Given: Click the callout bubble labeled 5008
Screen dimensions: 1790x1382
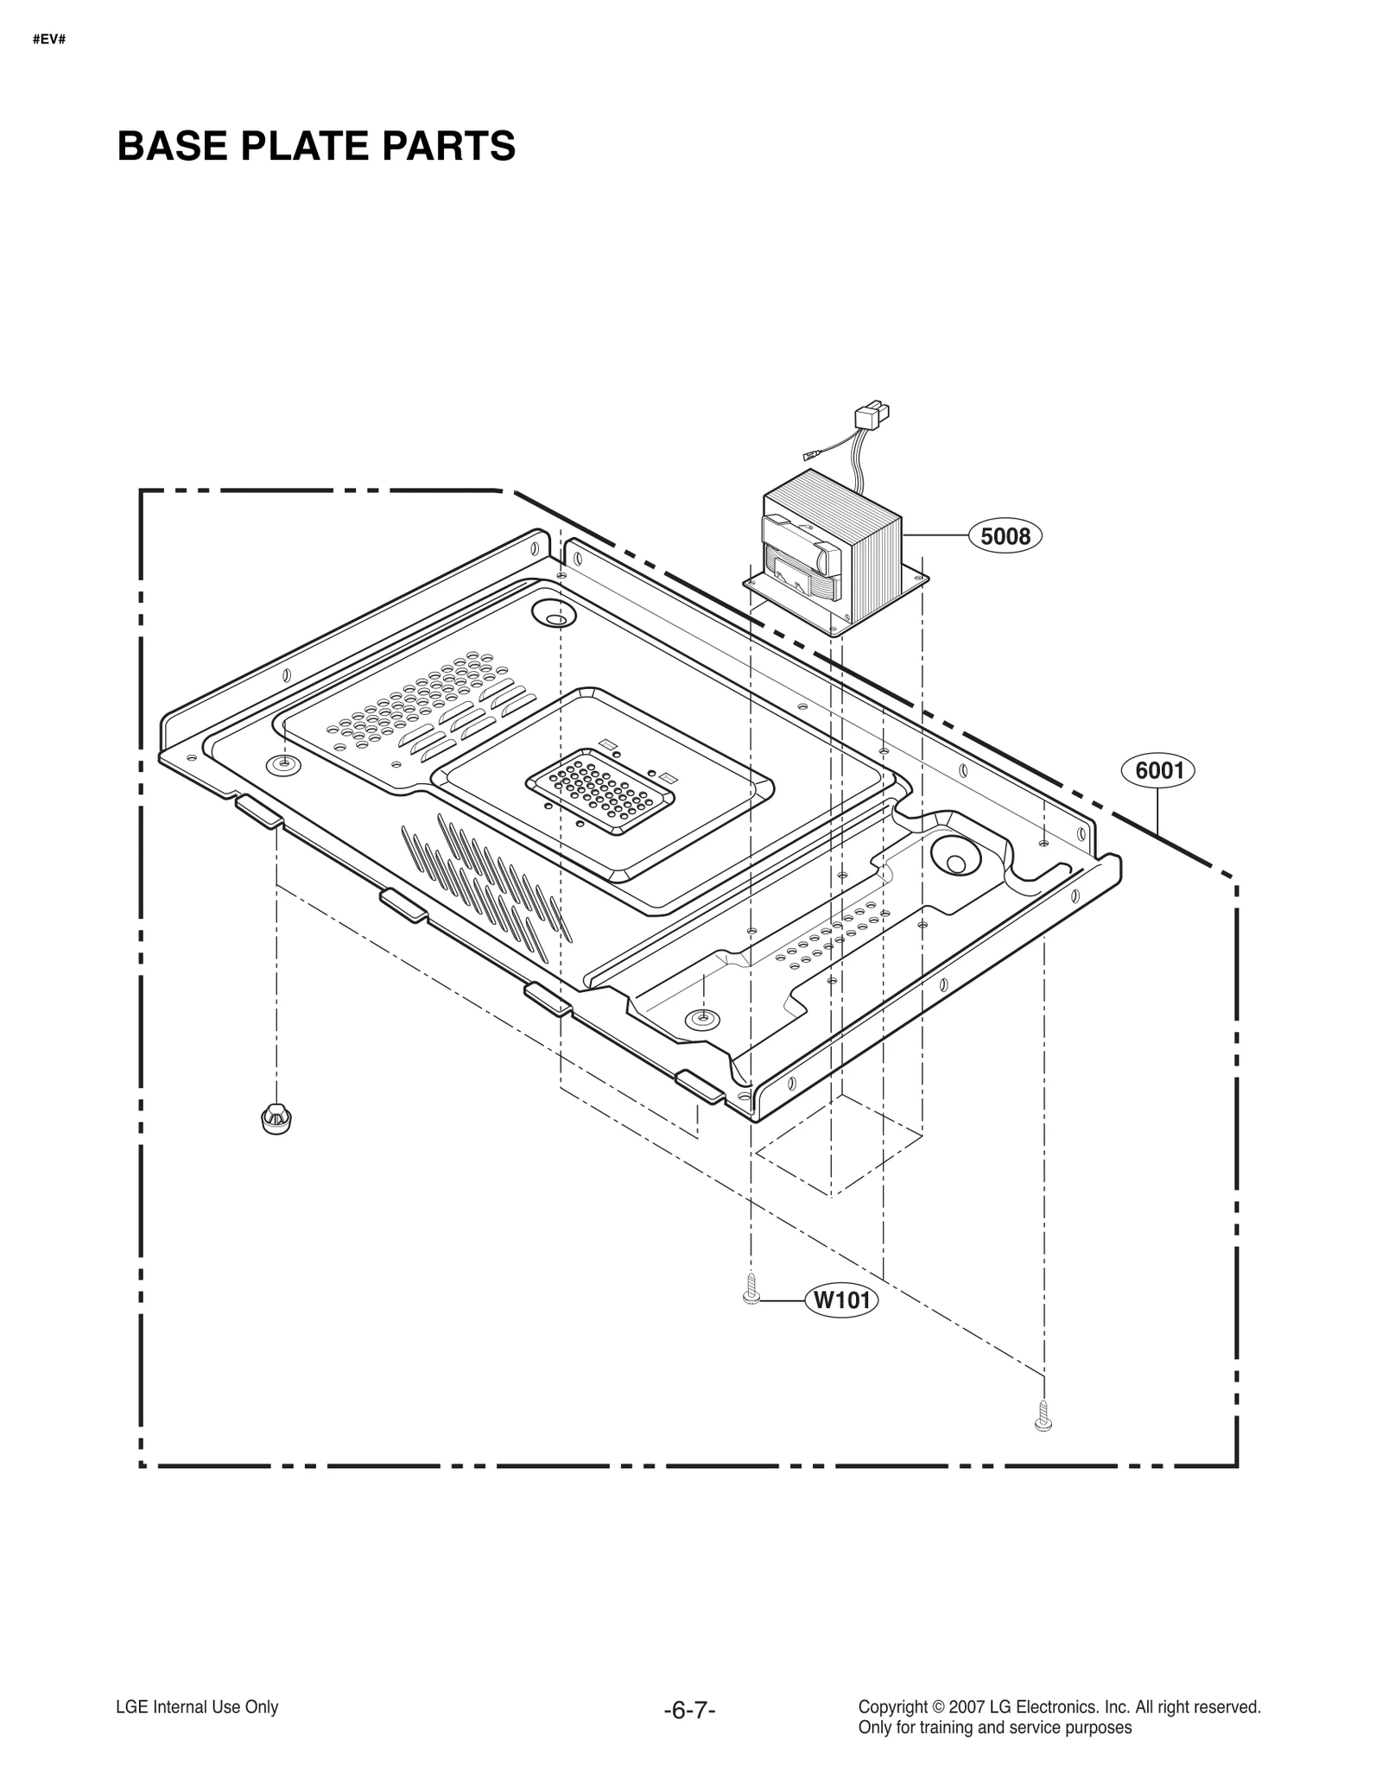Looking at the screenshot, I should pos(1005,536).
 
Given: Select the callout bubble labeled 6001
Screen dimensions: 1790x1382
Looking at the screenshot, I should pos(1158,769).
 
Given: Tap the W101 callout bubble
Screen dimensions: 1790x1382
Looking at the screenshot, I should pos(840,1324).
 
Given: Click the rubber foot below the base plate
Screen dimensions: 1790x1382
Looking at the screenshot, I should pos(276,1118).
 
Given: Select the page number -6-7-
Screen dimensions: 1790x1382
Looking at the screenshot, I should pos(689,1711).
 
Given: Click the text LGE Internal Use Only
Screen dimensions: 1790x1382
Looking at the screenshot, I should pos(197,1707).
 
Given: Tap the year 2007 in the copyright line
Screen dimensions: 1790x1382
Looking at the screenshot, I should pos(964,1707).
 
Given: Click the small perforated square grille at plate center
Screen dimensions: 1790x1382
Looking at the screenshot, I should pos(601,786).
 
